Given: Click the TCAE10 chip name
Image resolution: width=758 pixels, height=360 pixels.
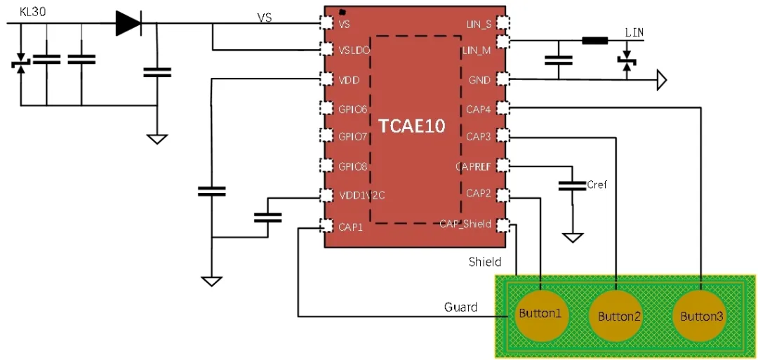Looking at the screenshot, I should [x=412, y=126].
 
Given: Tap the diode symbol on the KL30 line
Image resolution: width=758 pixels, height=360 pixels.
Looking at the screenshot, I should [x=128, y=24].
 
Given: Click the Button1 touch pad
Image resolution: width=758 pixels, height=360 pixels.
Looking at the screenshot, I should [x=540, y=313].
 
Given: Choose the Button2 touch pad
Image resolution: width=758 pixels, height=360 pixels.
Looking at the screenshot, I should [x=619, y=316].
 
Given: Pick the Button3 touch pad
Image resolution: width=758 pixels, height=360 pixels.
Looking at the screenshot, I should [x=702, y=316].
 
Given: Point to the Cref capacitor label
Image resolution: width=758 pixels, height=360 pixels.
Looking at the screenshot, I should [x=597, y=185].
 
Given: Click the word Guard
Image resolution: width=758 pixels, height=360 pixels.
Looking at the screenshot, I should [x=460, y=307].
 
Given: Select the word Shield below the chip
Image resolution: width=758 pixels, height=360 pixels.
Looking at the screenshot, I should [x=485, y=262].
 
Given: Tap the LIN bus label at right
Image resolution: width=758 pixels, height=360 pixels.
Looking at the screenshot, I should [x=634, y=32].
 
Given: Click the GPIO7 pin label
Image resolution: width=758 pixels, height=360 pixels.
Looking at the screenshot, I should [x=352, y=136].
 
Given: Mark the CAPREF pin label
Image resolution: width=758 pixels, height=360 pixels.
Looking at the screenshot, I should [x=474, y=166].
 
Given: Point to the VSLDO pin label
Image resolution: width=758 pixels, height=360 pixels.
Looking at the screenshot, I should [x=354, y=51].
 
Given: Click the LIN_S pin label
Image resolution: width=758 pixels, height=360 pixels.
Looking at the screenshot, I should [x=479, y=24].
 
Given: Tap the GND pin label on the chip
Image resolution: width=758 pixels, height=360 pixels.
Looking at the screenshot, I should [x=479, y=80].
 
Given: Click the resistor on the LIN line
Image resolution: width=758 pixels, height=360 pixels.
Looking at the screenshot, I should [x=594, y=41].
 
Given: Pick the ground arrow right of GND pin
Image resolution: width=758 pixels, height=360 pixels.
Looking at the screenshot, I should [x=660, y=81].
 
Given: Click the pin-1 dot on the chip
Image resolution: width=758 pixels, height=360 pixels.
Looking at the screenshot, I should [x=342, y=13].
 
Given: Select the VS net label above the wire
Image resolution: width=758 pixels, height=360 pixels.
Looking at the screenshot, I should [x=264, y=18].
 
